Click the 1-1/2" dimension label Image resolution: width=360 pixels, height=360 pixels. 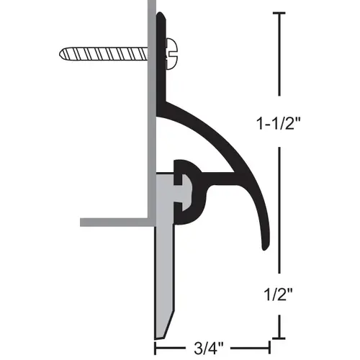[x=279, y=123]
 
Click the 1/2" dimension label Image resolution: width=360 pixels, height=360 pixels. [x=279, y=294]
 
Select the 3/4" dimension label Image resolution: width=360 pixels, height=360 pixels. [x=208, y=348]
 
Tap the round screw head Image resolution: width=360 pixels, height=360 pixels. [x=172, y=54]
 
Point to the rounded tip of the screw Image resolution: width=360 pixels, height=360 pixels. [x=61, y=53]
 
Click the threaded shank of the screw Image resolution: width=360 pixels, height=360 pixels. [x=104, y=53]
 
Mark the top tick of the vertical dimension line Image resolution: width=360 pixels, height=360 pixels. [x=279, y=13]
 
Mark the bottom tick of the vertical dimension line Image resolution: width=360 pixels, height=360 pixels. [x=279, y=338]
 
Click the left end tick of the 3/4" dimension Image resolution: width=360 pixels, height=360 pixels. [x=155, y=348]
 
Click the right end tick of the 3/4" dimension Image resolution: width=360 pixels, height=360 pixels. [x=269, y=348]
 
